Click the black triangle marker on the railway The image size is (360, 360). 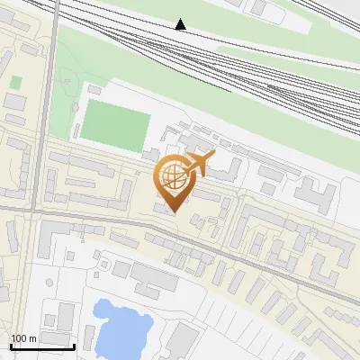pos(181,24)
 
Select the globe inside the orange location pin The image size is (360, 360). pos(175,177)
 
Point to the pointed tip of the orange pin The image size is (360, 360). pos(175,211)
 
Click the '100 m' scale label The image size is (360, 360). pos(24,338)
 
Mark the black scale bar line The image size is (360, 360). pos(41,346)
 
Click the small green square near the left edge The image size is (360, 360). pos(15,83)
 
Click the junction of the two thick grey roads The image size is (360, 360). pos(40,212)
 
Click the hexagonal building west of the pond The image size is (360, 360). pos(66,316)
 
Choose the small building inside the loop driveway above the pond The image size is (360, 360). pos(121,268)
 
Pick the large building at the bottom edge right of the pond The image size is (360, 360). pos(181,340)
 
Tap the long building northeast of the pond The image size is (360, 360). pos(154,276)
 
